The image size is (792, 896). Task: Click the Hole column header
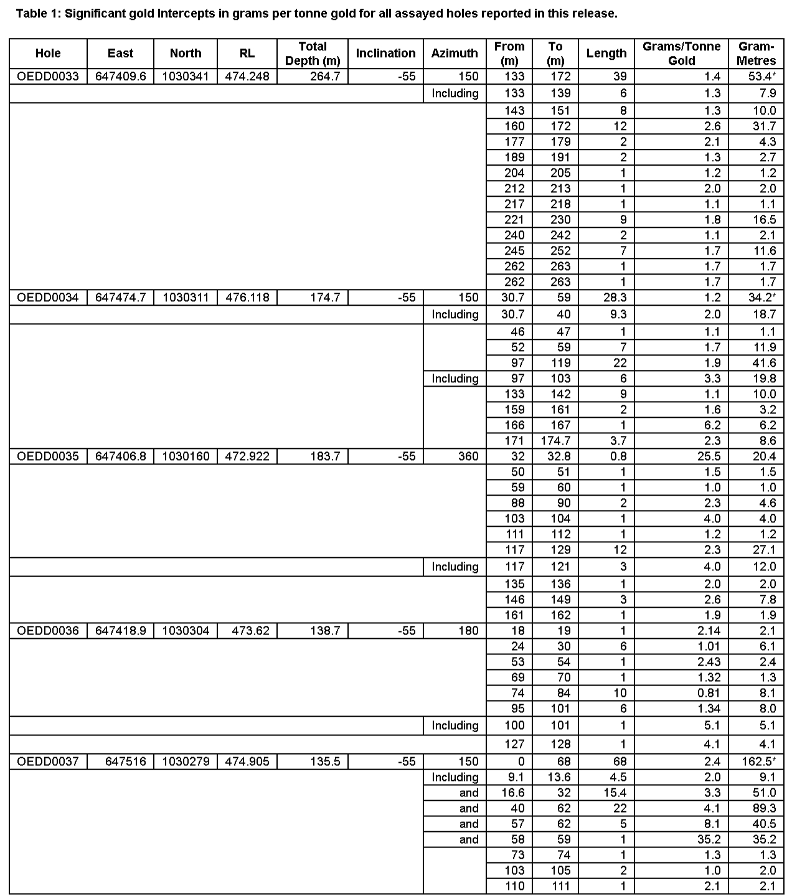pyautogui.click(x=48, y=54)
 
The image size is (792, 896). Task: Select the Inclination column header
pyautogui.click(x=385, y=54)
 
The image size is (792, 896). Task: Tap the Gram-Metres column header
pyautogui.click(x=757, y=54)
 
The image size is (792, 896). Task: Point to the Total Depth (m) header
pyautogui.click(x=313, y=54)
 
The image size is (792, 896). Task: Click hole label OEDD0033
pyautogui.click(x=48, y=77)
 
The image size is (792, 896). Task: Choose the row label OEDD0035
pyautogui.click(x=48, y=456)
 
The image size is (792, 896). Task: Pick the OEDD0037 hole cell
pyautogui.click(x=48, y=762)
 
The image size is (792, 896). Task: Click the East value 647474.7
pyautogui.click(x=120, y=298)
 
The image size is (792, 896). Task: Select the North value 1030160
pyautogui.click(x=186, y=456)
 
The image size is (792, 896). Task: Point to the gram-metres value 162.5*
pyautogui.click(x=757, y=762)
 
